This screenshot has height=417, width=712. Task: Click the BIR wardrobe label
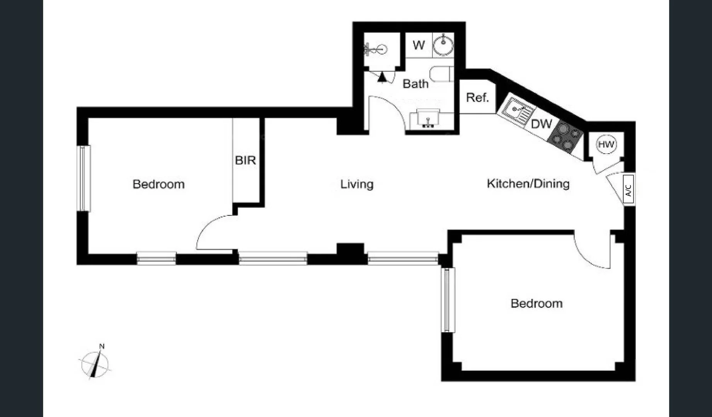pyautogui.click(x=245, y=160)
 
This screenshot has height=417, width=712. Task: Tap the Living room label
pyautogui.click(x=357, y=184)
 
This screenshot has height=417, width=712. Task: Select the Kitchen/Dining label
pyautogui.click(x=528, y=183)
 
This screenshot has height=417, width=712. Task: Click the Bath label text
pyautogui.click(x=416, y=84)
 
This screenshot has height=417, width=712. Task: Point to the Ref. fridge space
pyautogui.click(x=477, y=97)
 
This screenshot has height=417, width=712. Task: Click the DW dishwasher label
pyautogui.click(x=542, y=124)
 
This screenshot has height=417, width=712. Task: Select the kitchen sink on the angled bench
pyautogui.click(x=516, y=110)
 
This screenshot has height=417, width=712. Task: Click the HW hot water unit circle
pyautogui.click(x=606, y=145)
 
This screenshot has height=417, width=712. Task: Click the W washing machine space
pyautogui.click(x=419, y=46)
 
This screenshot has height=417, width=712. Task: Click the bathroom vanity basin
pyautogui.click(x=428, y=119)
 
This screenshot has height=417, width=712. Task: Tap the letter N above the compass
pyautogui.click(x=102, y=346)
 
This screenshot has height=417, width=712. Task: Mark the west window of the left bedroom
pyautogui.click(x=83, y=178)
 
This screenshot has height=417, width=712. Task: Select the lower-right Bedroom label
pyautogui.click(x=537, y=303)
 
